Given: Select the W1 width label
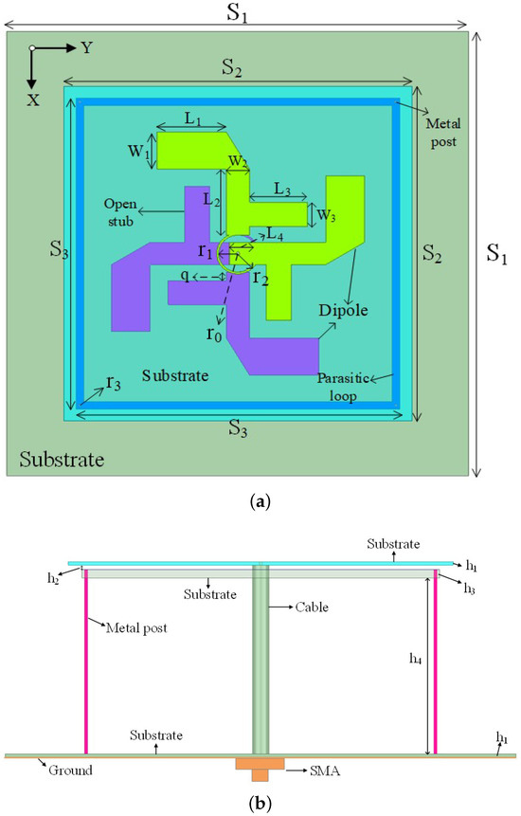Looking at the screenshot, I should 136,152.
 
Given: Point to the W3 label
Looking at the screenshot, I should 326,215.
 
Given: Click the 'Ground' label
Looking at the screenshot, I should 70,771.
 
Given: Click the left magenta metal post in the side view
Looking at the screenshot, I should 86,663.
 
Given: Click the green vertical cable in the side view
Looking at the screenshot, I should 260,663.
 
